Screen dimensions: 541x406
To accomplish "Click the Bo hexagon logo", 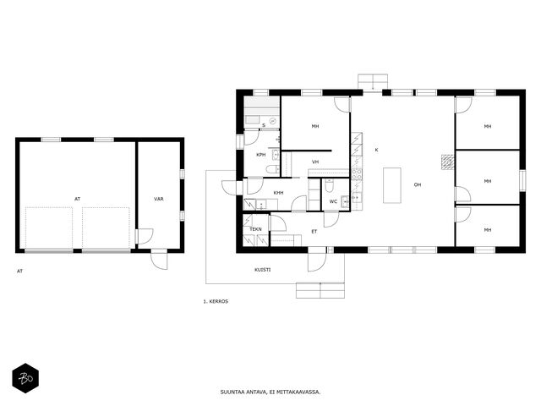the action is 25,378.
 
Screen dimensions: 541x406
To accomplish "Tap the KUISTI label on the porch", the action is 263,270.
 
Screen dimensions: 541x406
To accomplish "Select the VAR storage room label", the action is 159,199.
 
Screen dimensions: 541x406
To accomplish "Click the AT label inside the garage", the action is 77,199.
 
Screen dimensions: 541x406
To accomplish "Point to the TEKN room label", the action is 255,229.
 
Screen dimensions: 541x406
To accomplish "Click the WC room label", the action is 333,201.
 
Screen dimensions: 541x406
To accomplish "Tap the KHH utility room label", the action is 278,193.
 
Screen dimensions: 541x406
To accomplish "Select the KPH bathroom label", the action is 261,155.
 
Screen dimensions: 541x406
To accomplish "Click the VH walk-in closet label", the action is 315,162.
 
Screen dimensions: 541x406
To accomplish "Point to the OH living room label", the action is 418,184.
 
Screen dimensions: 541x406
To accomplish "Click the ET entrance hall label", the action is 314,231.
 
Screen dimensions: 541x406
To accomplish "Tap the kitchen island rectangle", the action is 392,185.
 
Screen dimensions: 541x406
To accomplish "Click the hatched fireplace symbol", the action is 448,162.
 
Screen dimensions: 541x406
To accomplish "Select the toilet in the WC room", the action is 329,185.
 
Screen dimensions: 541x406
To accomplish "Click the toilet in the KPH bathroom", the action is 273,169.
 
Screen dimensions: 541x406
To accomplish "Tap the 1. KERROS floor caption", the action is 216,301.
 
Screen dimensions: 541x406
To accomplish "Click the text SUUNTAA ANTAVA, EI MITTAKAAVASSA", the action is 270,392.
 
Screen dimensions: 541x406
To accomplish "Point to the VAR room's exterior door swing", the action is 159,259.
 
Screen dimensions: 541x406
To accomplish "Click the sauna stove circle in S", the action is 273,121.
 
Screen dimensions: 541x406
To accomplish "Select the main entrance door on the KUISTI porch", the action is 317,260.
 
